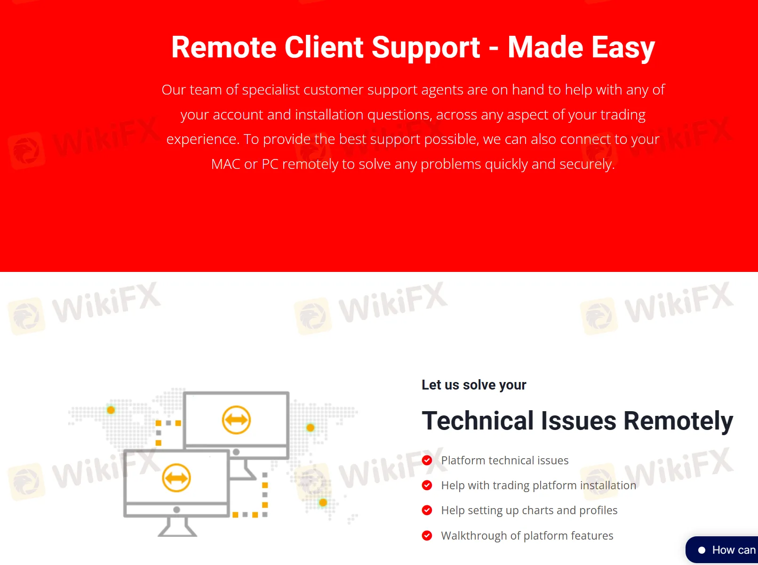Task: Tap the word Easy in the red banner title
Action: tap(623, 48)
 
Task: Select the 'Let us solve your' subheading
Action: tap(474, 385)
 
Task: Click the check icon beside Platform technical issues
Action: tap(427, 461)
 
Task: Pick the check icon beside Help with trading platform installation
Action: tap(427, 485)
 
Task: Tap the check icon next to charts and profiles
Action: tap(427, 510)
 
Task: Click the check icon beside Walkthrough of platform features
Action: tap(427, 536)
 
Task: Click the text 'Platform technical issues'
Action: tap(504, 461)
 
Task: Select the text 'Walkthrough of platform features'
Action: tap(527, 536)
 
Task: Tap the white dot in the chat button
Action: tap(702, 550)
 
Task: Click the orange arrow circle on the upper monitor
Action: tap(236, 420)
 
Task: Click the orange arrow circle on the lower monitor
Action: tap(176, 478)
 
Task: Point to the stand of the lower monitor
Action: tap(177, 527)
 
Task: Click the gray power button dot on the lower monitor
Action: tap(176, 509)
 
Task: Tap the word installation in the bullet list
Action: tap(607, 485)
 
